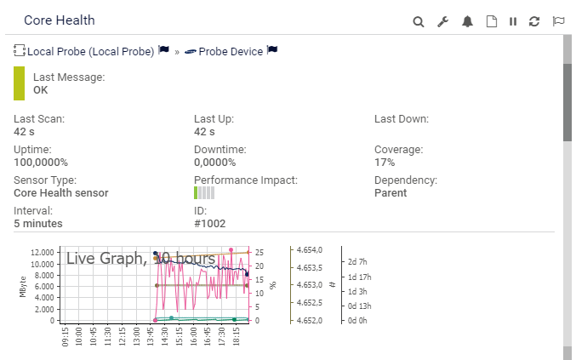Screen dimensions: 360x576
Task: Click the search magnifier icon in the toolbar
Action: tap(419, 21)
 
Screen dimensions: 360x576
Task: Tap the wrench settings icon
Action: tap(442, 21)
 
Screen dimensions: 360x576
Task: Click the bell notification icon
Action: tap(467, 21)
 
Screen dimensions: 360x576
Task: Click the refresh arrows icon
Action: tap(534, 21)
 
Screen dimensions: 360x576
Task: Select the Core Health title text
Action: tap(60, 20)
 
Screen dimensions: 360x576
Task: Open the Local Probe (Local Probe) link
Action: tap(91, 51)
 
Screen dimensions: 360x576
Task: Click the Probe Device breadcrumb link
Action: tap(230, 51)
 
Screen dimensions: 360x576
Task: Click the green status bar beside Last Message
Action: tap(20, 83)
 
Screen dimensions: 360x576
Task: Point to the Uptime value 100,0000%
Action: tap(41, 162)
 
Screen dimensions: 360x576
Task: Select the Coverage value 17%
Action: tap(385, 162)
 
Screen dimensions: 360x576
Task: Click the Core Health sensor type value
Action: tap(61, 192)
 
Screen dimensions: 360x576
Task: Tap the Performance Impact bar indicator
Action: tap(204, 193)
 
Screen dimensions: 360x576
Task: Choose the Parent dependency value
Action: tap(391, 192)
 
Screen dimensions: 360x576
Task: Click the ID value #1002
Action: tap(208, 223)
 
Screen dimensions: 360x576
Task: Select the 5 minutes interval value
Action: tap(38, 223)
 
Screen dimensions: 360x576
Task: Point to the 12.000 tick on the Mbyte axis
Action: tap(43, 253)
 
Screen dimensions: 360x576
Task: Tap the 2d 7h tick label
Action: tap(359, 261)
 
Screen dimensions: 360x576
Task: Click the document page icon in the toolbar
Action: tap(491, 21)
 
